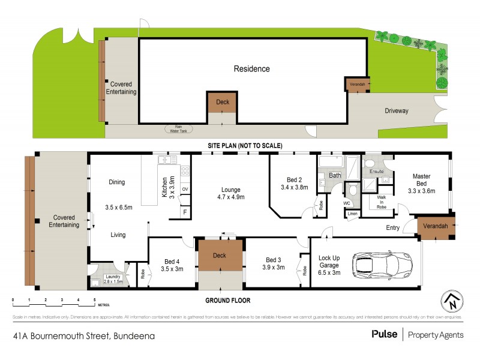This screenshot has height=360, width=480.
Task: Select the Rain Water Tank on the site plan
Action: point(178,128)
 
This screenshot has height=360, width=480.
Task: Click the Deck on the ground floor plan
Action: point(220,256)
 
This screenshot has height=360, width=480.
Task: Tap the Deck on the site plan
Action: point(222,102)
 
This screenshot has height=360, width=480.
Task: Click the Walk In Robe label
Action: point(382,202)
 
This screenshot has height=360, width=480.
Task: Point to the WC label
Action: point(347,203)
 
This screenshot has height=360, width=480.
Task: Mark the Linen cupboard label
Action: point(352,214)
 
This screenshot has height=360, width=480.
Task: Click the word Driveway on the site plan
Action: point(397,111)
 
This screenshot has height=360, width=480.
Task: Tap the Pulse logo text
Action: point(384,335)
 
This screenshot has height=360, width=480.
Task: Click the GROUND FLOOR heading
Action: point(228,301)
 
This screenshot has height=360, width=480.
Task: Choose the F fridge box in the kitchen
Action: point(185,212)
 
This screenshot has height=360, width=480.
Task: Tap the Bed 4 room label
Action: point(172,265)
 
